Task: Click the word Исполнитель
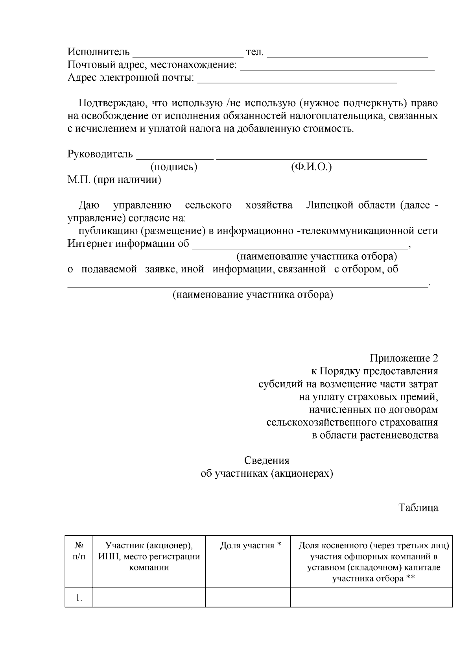pos(98,52)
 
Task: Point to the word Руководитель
pos(100,154)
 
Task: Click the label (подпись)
pos(174,167)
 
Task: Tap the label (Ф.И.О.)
pos(312,167)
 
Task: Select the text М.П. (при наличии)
pos(114,180)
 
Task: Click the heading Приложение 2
pos(404,358)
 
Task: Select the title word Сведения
pos(267,461)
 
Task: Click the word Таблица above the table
pos(419,508)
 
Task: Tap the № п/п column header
pos(79,551)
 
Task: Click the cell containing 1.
pos(79,598)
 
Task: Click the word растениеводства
pos(398,435)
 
